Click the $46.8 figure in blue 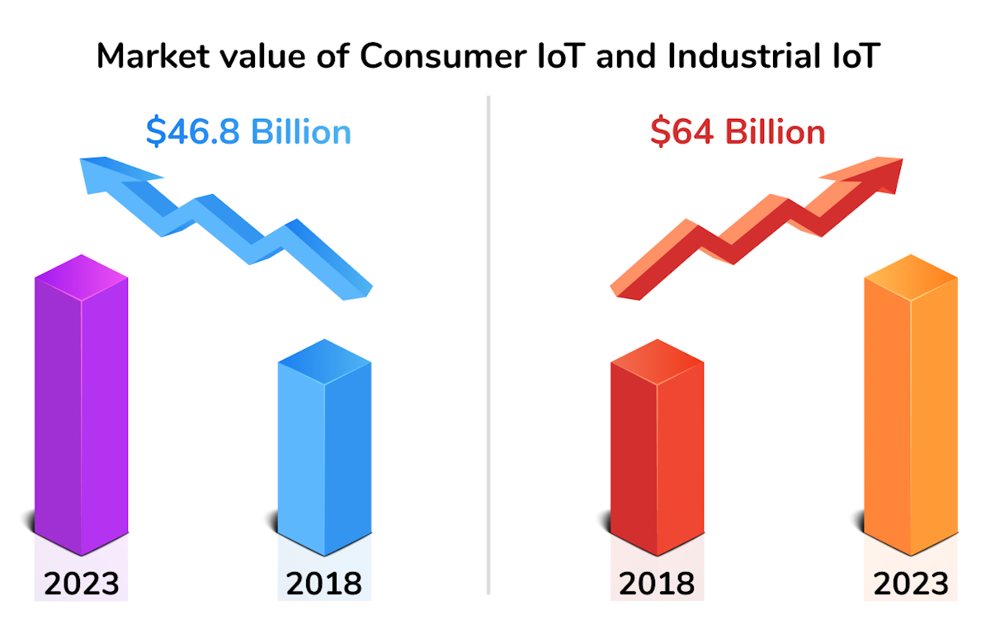click(195, 132)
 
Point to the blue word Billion click(301, 132)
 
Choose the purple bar click(81, 405)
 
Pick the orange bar click(911, 405)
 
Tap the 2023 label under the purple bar click(81, 584)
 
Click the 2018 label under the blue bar click(323, 584)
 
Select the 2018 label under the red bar click(657, 584)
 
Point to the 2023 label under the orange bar click(911, 584)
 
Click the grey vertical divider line click(488, 347)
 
